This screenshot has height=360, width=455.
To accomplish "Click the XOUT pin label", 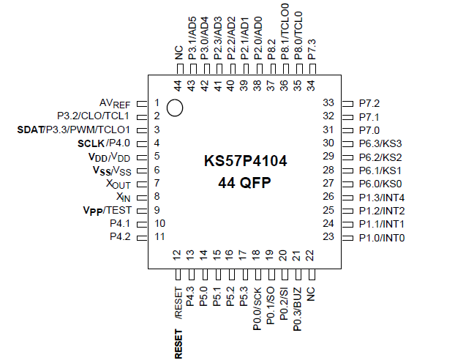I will pos(118,183).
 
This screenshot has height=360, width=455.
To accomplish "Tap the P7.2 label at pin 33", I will pos(369,103).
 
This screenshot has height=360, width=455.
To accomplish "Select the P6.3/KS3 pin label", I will pos(381,143).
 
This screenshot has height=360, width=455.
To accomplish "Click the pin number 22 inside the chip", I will pos(310,255).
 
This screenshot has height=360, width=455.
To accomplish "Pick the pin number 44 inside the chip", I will pos(177,86).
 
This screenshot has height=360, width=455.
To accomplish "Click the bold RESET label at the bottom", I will pos(178,343).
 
